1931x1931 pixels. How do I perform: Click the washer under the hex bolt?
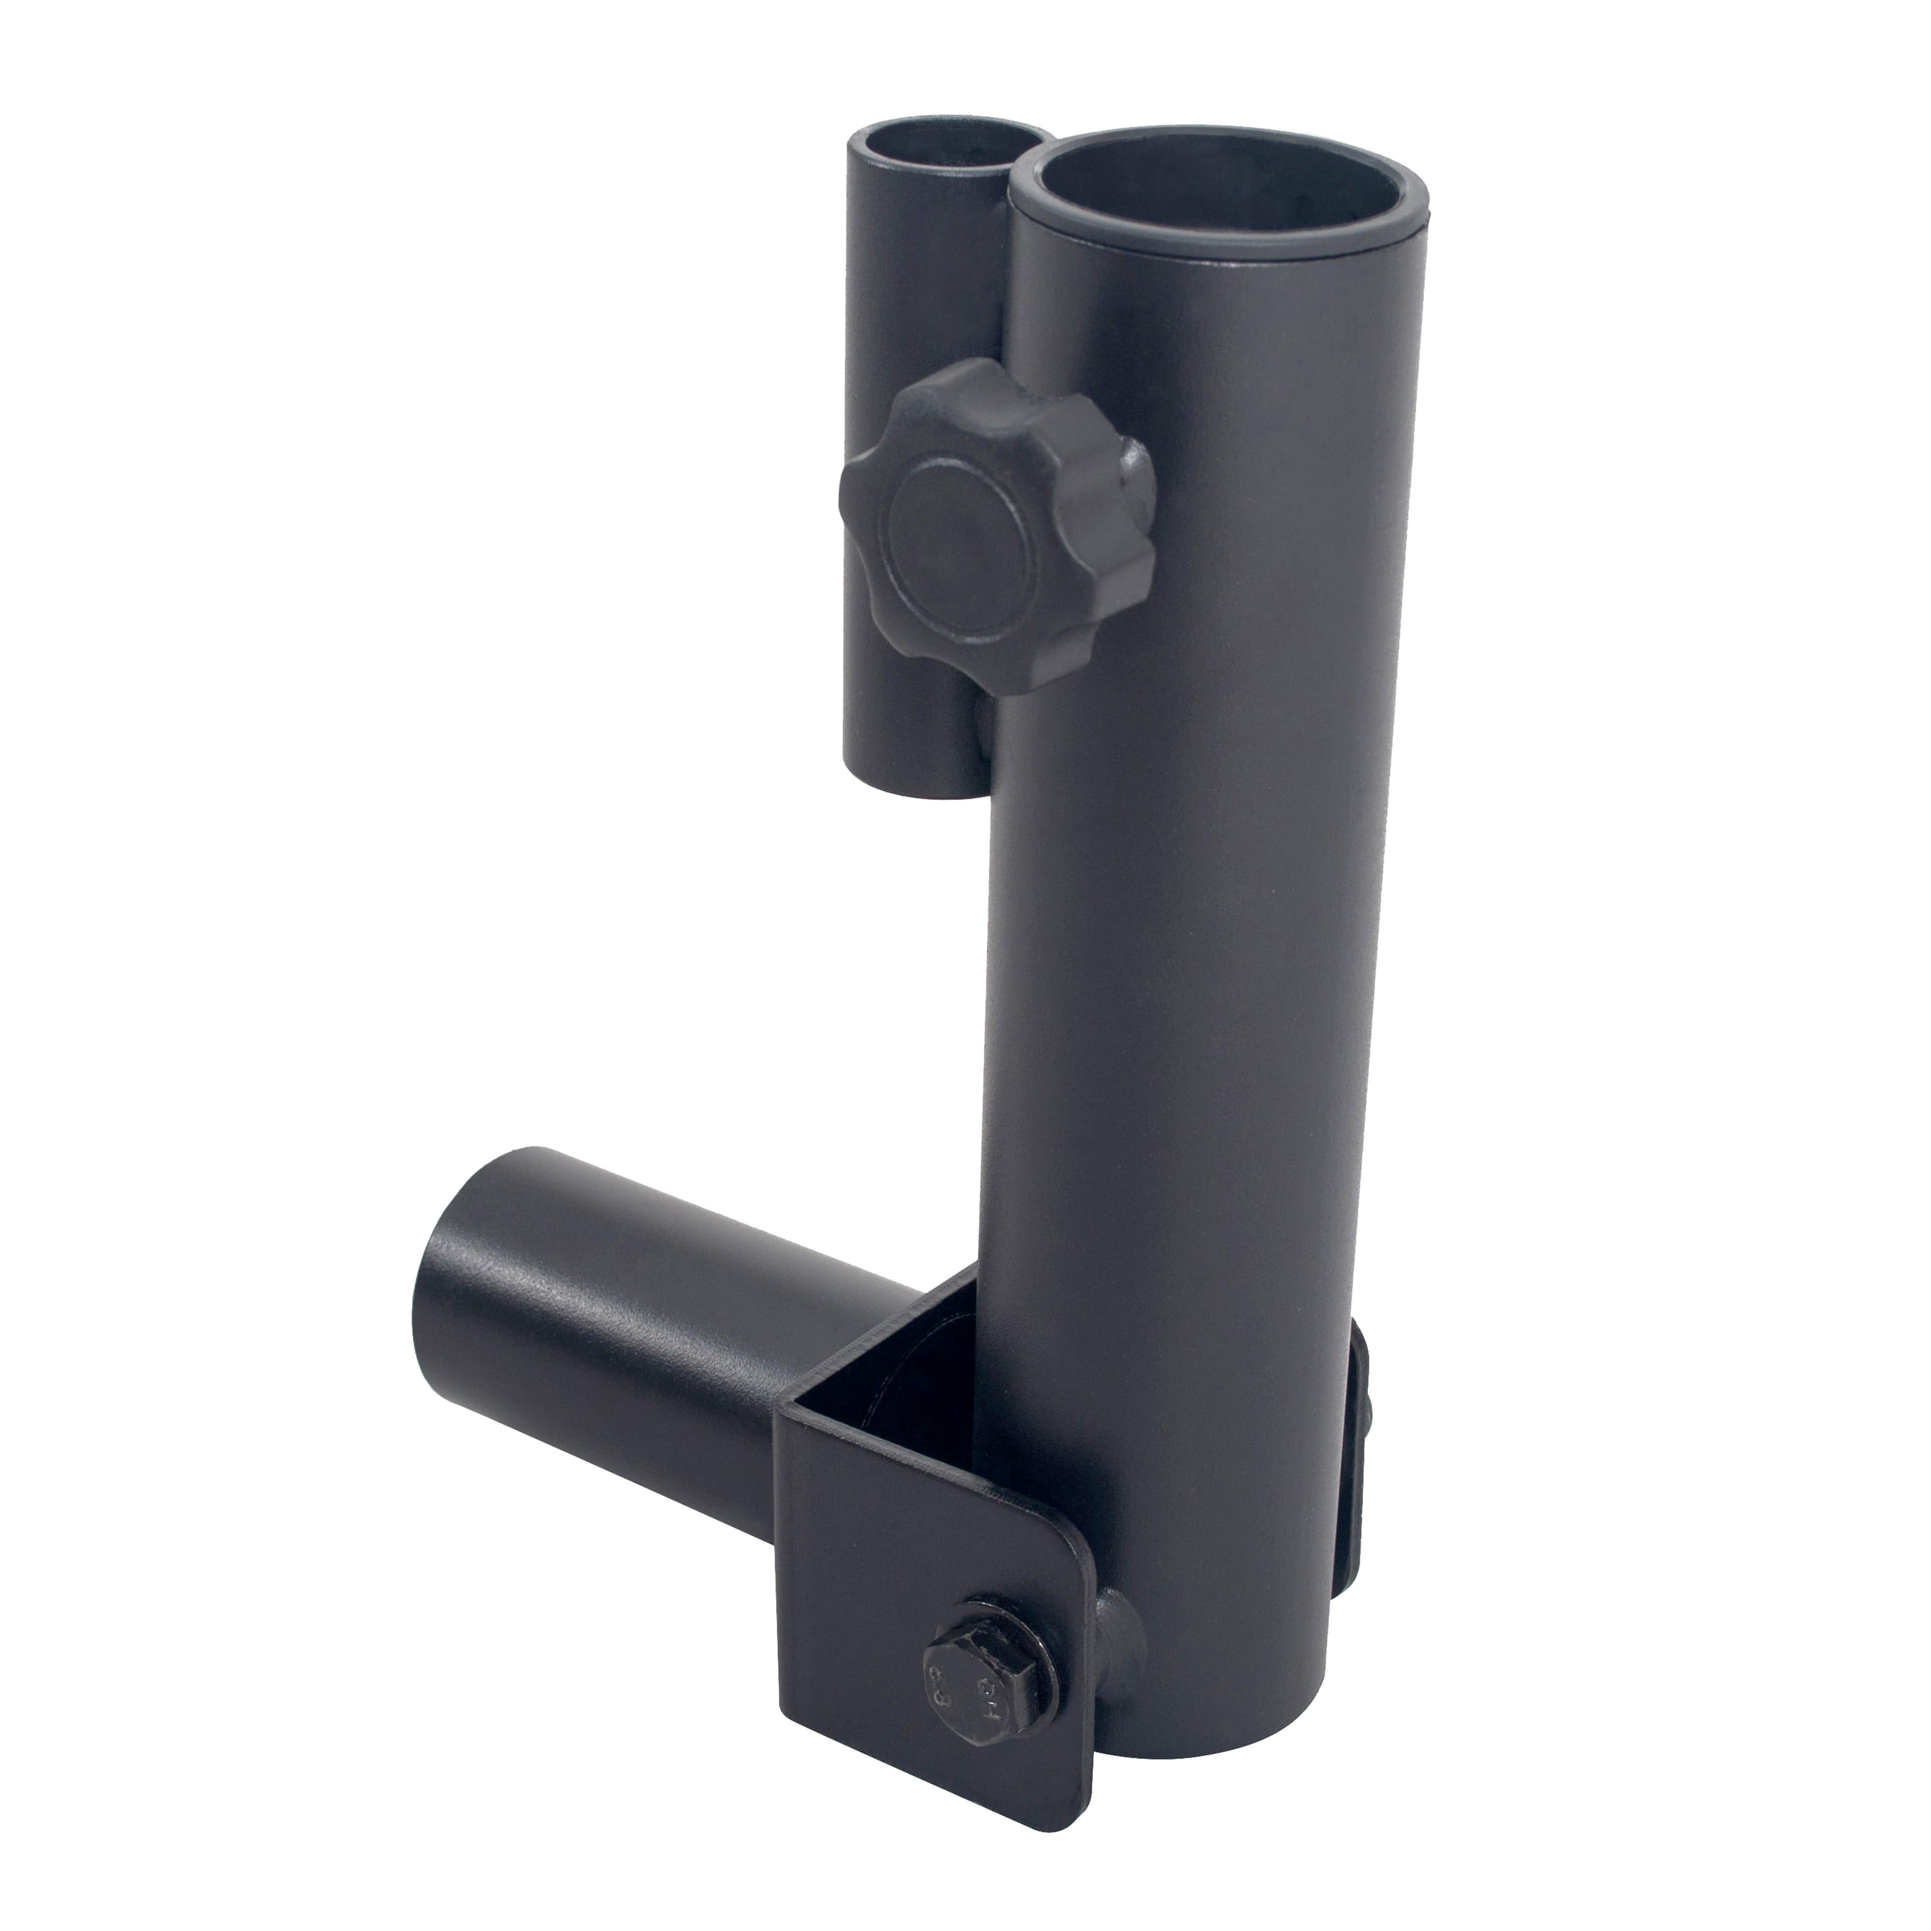click(1039, 1689)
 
